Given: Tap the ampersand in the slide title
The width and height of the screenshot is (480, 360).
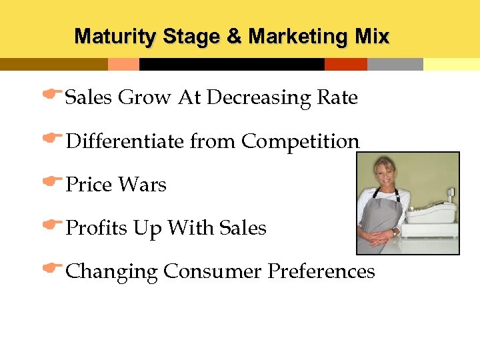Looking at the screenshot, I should [234, 36].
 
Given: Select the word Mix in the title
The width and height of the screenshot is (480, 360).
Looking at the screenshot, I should [372, 36].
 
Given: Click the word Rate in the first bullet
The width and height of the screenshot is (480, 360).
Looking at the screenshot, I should [337, 98].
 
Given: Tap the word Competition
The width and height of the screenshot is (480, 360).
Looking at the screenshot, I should [300, 141].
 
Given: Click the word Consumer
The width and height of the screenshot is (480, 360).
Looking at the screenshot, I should [213, 271].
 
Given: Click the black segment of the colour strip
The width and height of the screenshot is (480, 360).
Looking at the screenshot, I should [231, 65].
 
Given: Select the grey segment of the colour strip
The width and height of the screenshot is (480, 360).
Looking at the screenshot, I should [395, 65].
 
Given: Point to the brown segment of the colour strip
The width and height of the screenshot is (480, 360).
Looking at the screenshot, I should [53, 65].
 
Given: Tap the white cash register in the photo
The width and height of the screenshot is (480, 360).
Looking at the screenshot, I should [431, 213].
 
